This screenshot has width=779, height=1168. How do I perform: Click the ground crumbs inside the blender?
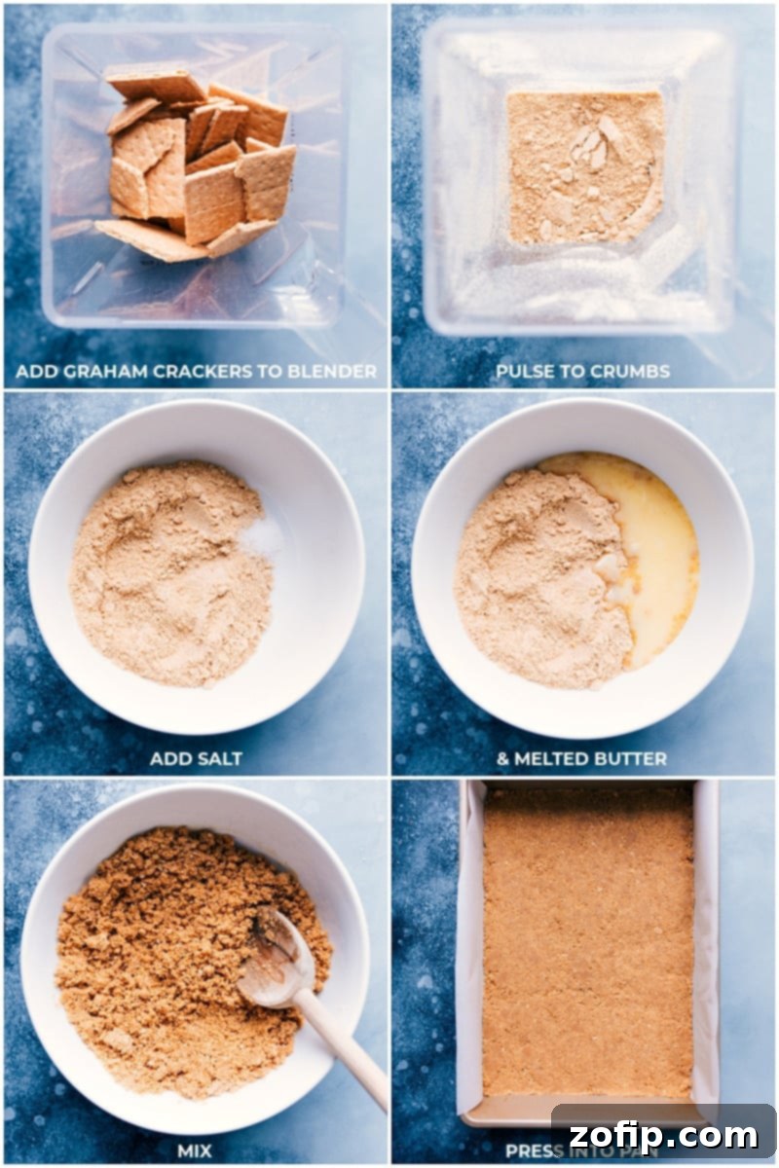584,165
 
